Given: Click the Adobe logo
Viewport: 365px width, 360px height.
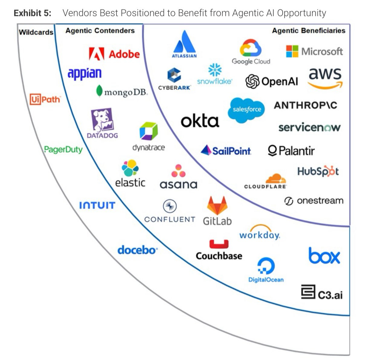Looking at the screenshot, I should click(x=114, y=54).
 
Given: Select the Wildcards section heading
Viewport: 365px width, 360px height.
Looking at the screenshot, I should click(x=36, y=32).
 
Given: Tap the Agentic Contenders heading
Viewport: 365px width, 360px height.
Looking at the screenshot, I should click(x=100, y=31).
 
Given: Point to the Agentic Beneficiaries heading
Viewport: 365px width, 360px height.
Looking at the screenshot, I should click(x=308, y=31).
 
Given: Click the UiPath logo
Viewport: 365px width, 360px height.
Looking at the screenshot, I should click(x=45, y=99).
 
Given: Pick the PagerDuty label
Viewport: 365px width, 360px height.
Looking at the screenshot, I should click(x=63, y=149).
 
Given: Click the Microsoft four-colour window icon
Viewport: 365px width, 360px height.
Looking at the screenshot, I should click(x=292, y=51).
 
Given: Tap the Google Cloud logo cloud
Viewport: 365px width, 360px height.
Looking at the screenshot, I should click(x=250, y=48).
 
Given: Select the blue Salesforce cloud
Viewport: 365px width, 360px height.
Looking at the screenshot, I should click(x=246, y=109).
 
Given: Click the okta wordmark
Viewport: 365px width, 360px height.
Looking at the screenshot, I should click(x=200, y=121).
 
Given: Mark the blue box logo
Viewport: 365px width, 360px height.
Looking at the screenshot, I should click(x=324, y=256).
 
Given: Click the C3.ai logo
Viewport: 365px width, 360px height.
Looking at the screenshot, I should click(x=321, y=292).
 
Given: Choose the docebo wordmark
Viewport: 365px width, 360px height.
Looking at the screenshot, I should click(x=137, y=250).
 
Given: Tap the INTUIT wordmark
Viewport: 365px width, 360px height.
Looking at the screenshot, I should click(x=97, y=206).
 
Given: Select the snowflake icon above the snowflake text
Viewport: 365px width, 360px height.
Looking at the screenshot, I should click(x=215, y=70).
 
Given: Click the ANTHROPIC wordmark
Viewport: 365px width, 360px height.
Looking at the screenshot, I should click(x=305, y=105).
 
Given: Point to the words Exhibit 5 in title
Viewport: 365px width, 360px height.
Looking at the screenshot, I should click(x=32, y=13).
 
